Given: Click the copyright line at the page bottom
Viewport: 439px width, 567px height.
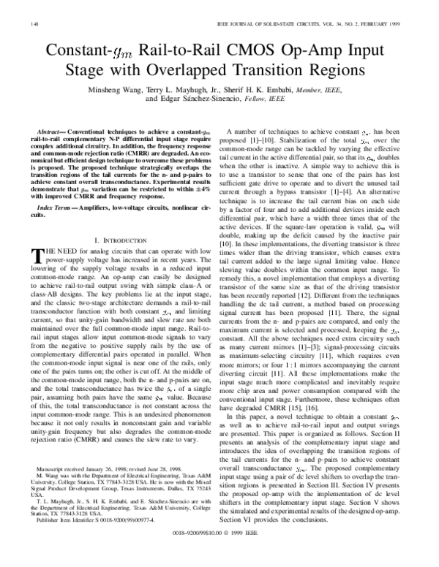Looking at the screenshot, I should click(x=219, y=554).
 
